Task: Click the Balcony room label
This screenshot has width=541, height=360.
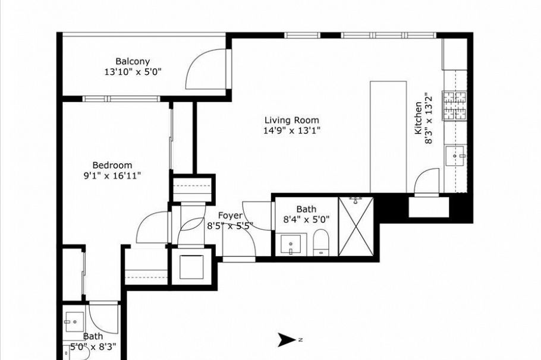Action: [133, 61]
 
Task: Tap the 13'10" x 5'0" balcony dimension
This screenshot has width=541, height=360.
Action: [133, 72]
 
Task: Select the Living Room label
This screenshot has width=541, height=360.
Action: [292, 121]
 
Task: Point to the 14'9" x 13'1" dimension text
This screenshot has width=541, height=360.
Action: [292, 131]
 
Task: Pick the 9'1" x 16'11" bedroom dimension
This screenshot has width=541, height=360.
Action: [112, 176]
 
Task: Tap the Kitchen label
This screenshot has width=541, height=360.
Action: [418, 118]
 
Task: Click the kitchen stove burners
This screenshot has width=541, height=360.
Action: [454, 106]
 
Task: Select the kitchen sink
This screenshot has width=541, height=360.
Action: [455, 156]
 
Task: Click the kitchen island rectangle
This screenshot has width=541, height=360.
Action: [388, 137]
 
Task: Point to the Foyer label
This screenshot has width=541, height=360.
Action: [230, 216]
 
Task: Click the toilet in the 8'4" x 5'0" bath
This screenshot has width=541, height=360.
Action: [321, 243]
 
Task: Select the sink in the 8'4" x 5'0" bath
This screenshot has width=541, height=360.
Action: [291, 244]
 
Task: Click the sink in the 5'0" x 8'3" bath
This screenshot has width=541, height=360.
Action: [74, 322]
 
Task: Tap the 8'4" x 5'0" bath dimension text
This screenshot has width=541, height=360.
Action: [306, 219]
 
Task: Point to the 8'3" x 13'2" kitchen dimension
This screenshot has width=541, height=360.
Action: [428, 118]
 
